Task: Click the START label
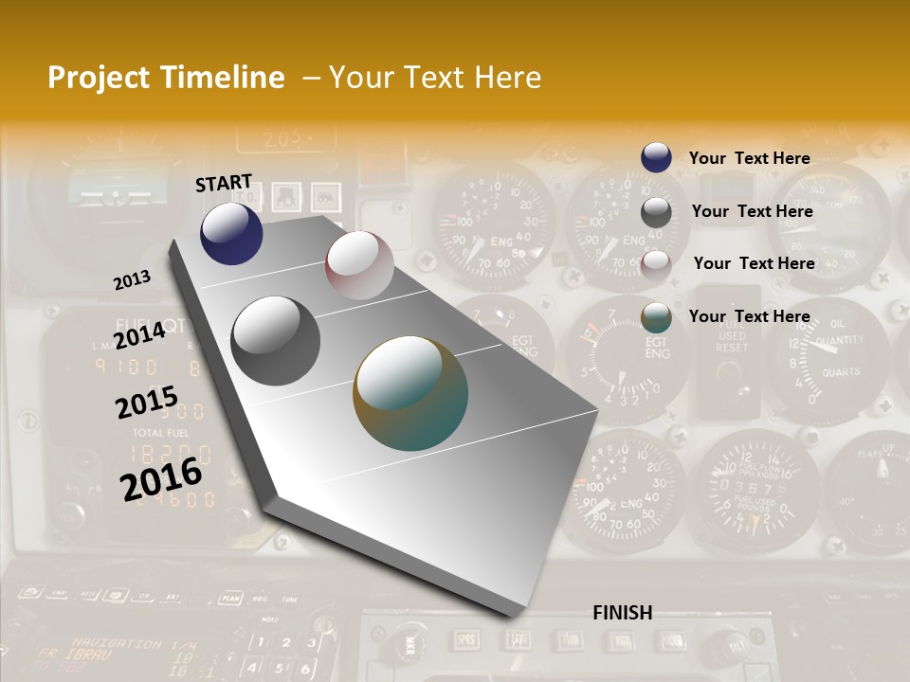[224, 182]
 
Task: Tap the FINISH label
[623, 613]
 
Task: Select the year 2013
[132, 280]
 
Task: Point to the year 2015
[147, 403]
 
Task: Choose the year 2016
[161, 478]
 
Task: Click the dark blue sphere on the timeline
[231, 233]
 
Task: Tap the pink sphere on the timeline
[359, 265]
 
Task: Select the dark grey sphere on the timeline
[276, 341]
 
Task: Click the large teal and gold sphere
[410, 393]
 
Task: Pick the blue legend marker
[656, 157]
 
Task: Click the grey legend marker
[656, 212]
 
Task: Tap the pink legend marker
[656, 264]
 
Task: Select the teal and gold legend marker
[656, 317]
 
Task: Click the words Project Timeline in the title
[166, 78]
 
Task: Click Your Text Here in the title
[435, 78]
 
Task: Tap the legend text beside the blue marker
[749, 158]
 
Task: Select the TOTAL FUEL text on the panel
[159, 432]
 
